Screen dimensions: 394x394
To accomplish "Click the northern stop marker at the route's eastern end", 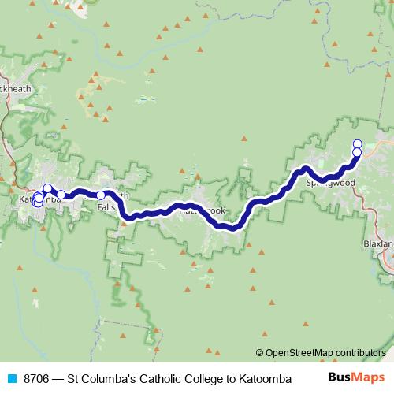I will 357,143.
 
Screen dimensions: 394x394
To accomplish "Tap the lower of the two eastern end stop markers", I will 357,152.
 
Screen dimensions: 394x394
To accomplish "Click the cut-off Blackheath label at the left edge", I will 16,89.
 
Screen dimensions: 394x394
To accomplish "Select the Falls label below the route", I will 108,206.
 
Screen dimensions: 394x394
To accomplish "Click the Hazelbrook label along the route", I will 202,211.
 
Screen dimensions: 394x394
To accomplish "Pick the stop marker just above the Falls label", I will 101,195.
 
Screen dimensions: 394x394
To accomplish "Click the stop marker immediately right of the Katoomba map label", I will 61,194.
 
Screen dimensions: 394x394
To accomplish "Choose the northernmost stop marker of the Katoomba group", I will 47,188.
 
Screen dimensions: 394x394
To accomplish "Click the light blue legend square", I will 12,378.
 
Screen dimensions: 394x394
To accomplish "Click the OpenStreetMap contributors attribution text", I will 323,353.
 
